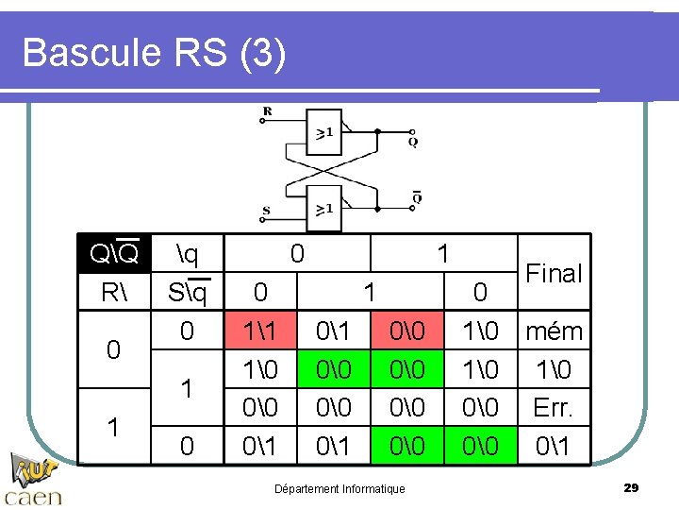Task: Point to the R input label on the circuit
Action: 267,111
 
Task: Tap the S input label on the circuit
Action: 267,212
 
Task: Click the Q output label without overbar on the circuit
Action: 413,142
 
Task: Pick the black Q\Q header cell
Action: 114,254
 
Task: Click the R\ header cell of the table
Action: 114,292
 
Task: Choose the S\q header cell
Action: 187,292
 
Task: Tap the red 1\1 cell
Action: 260,331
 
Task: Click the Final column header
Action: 554,274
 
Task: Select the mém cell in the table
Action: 554,331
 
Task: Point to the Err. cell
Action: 554,407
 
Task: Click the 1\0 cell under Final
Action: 554,369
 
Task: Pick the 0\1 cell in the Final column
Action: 554,445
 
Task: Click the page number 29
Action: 631,487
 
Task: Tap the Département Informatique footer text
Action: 339,488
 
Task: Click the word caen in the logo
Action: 34,496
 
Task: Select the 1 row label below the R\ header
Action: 114,426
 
